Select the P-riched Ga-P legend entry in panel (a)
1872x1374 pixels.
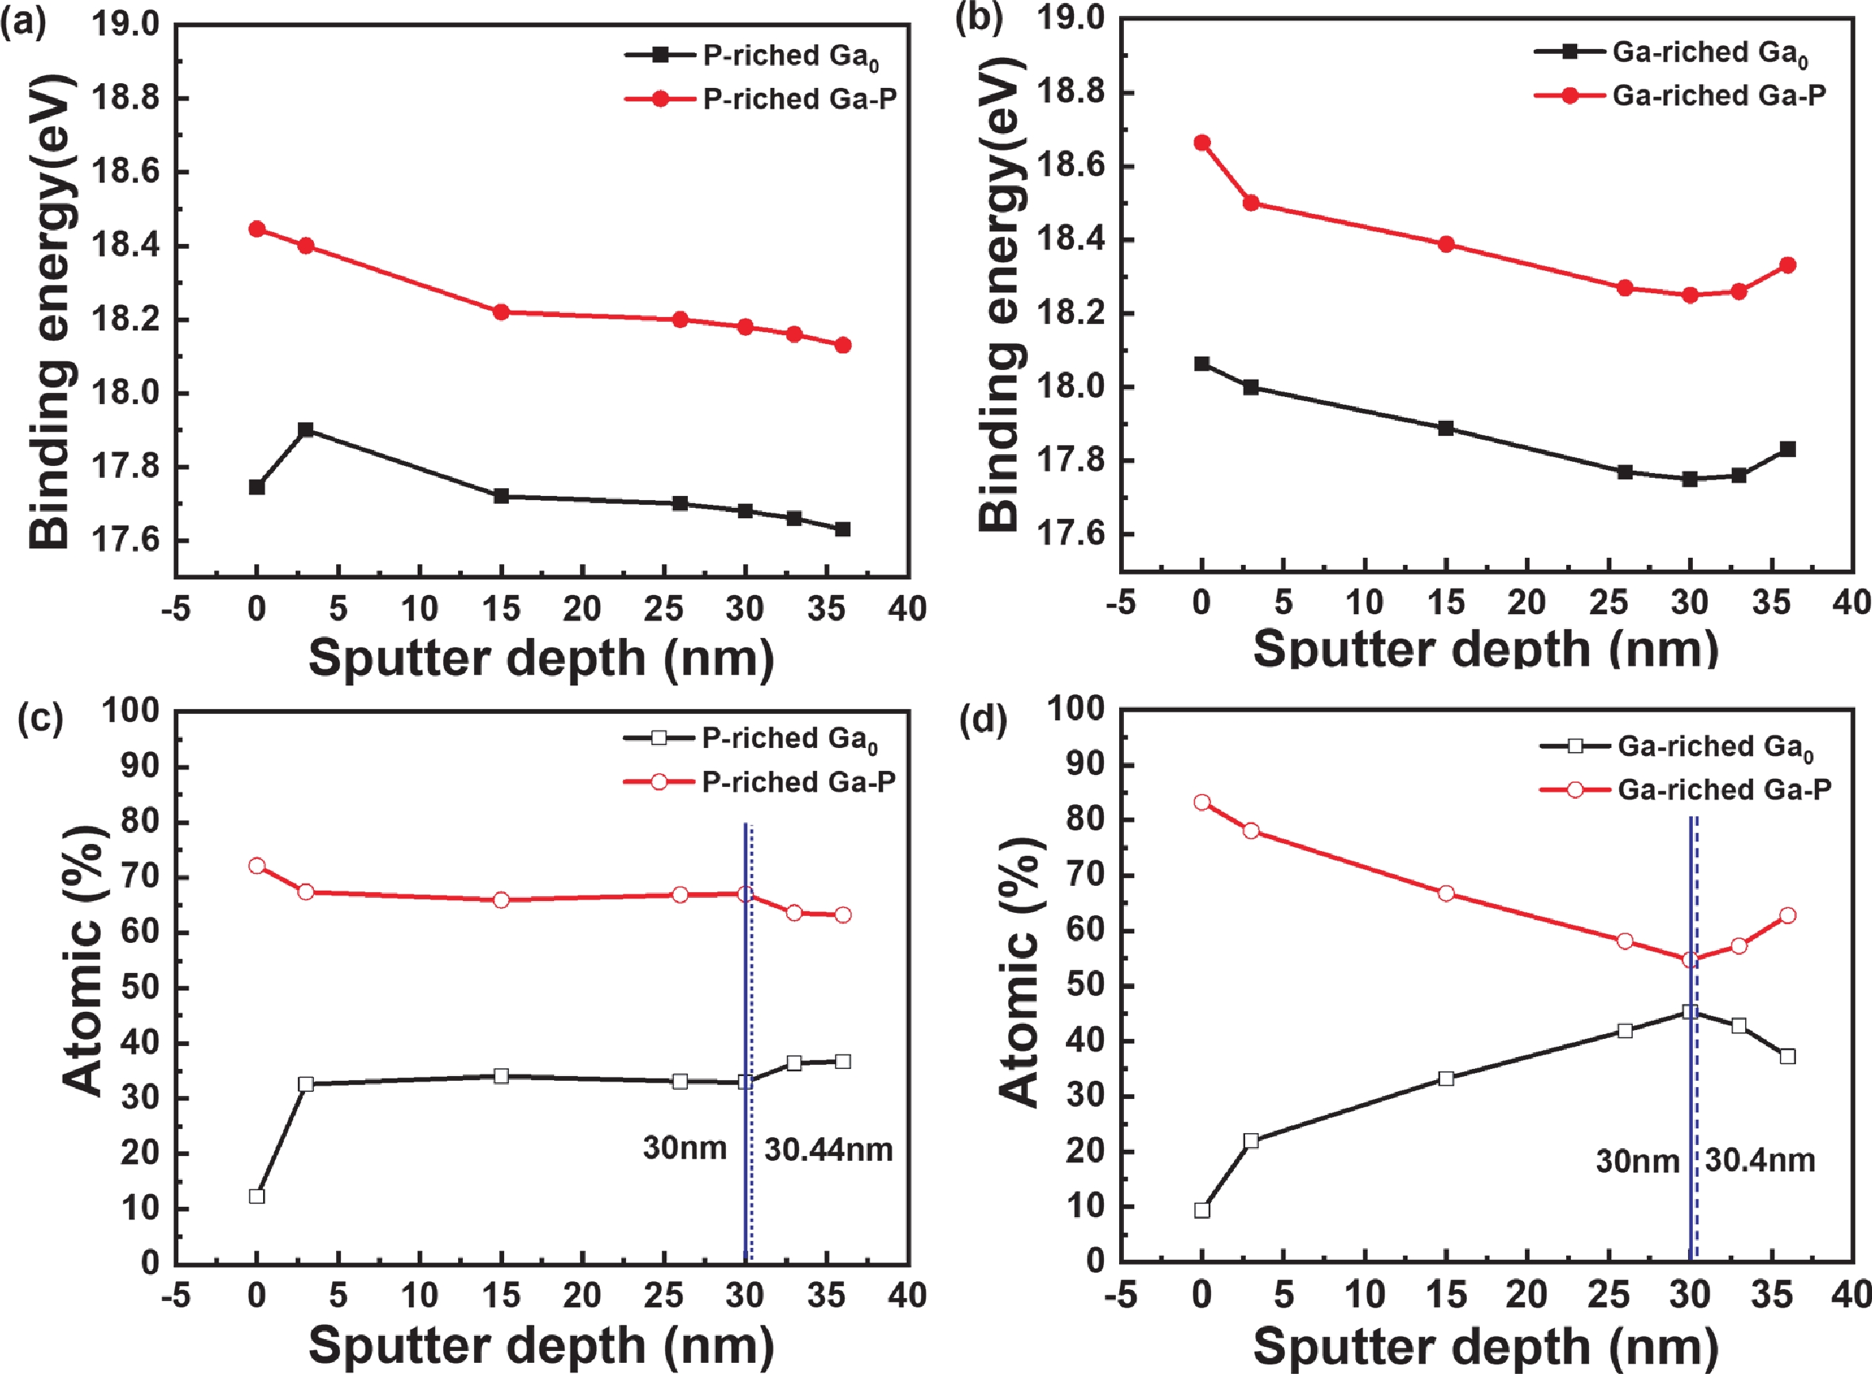coord(800,99)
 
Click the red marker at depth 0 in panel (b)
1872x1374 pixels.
coord(1202,143)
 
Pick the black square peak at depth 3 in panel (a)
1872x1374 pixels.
coord(305,430)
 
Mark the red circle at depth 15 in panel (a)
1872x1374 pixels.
coord(501,312)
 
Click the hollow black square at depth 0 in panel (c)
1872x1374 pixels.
coord(257,1196)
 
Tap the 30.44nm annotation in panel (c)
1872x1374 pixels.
coord(828,1151)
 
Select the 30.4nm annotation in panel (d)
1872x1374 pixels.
coord(1759,1160)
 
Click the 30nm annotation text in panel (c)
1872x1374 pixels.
coord(685,1149)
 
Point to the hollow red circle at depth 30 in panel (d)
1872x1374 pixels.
coord(1690,960)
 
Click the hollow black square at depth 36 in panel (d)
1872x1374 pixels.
coord(1787,1056)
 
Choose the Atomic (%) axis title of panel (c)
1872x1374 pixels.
coord(83,961)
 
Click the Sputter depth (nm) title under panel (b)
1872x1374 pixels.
coord(1485,648)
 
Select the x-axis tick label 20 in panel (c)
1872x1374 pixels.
coord(582,1295)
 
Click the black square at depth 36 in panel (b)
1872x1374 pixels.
coord(1787,449)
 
